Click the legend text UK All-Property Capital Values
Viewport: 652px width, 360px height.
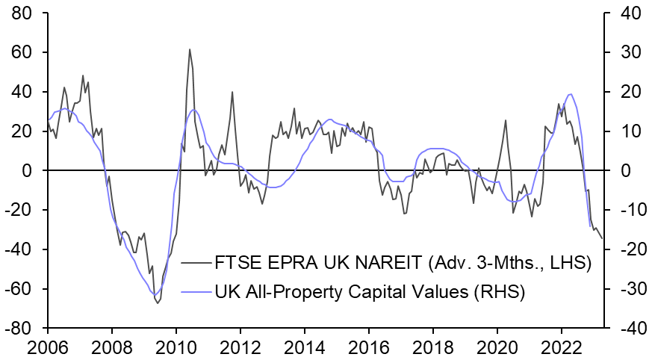coord(344,291)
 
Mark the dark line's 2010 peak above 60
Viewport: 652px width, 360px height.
coord(190,49)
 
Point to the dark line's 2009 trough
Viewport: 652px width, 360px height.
coord(158,302)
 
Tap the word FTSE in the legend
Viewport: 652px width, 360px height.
coord(235,262)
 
